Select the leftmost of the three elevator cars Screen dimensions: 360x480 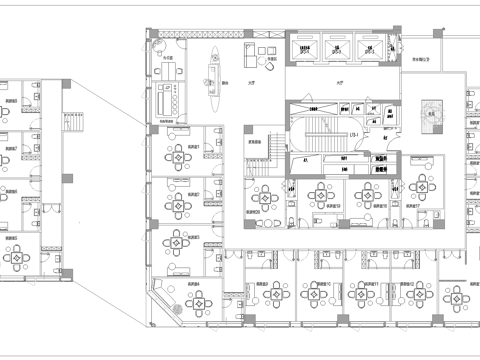point(306,49)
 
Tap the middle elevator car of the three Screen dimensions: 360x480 point(339,49)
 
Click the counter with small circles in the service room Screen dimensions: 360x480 point(165,100)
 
